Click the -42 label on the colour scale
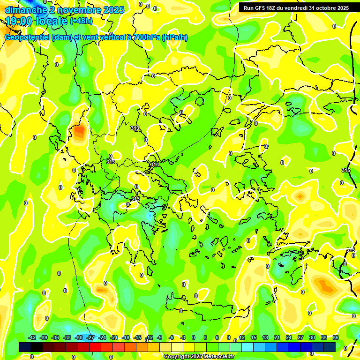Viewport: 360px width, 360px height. click(32, 337)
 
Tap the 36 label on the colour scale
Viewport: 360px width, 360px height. click(336, 337)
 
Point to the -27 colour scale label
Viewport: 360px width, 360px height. click(91, 337)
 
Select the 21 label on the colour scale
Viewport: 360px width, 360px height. click(277, 337)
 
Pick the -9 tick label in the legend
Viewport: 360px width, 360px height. click(159, 337)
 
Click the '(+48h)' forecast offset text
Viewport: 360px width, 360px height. click(81, 21)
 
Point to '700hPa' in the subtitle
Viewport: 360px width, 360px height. click(146, 37)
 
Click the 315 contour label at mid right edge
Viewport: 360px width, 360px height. click(346, 170)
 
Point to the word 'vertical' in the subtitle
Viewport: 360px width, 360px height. click(111, 37)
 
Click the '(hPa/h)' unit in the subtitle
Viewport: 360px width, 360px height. click(174, 37)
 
